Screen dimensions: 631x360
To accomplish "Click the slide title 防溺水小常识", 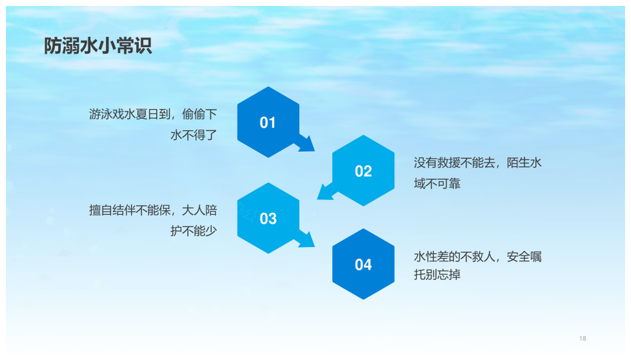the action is [x=98, y=46].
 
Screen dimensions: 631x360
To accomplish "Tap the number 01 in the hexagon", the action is [x=268, y=123].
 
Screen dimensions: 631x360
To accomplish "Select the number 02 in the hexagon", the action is [x=363, y=171].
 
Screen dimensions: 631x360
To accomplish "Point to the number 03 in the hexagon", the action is [x=268, y=218].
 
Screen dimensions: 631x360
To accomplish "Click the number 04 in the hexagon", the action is [x=363, y=265].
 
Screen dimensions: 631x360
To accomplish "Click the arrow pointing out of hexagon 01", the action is [x=305, y=143].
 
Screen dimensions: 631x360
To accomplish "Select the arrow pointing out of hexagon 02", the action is [x=327, y=192].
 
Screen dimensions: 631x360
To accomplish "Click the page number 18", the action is [x=583, y=339].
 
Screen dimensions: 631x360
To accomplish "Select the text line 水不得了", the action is [x=193, y=135].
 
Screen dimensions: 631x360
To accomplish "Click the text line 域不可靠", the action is [x=437, y=184].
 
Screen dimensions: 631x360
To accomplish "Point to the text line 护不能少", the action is [x=193, y=231].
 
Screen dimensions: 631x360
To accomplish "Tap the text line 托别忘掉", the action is [x=437, y=275].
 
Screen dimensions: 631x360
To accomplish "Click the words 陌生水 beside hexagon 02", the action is [x=524, y=163].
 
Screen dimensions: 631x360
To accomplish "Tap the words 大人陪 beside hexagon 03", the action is [x=200, y=210].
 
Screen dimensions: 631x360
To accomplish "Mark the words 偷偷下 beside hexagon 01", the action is [x=200, y=114].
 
